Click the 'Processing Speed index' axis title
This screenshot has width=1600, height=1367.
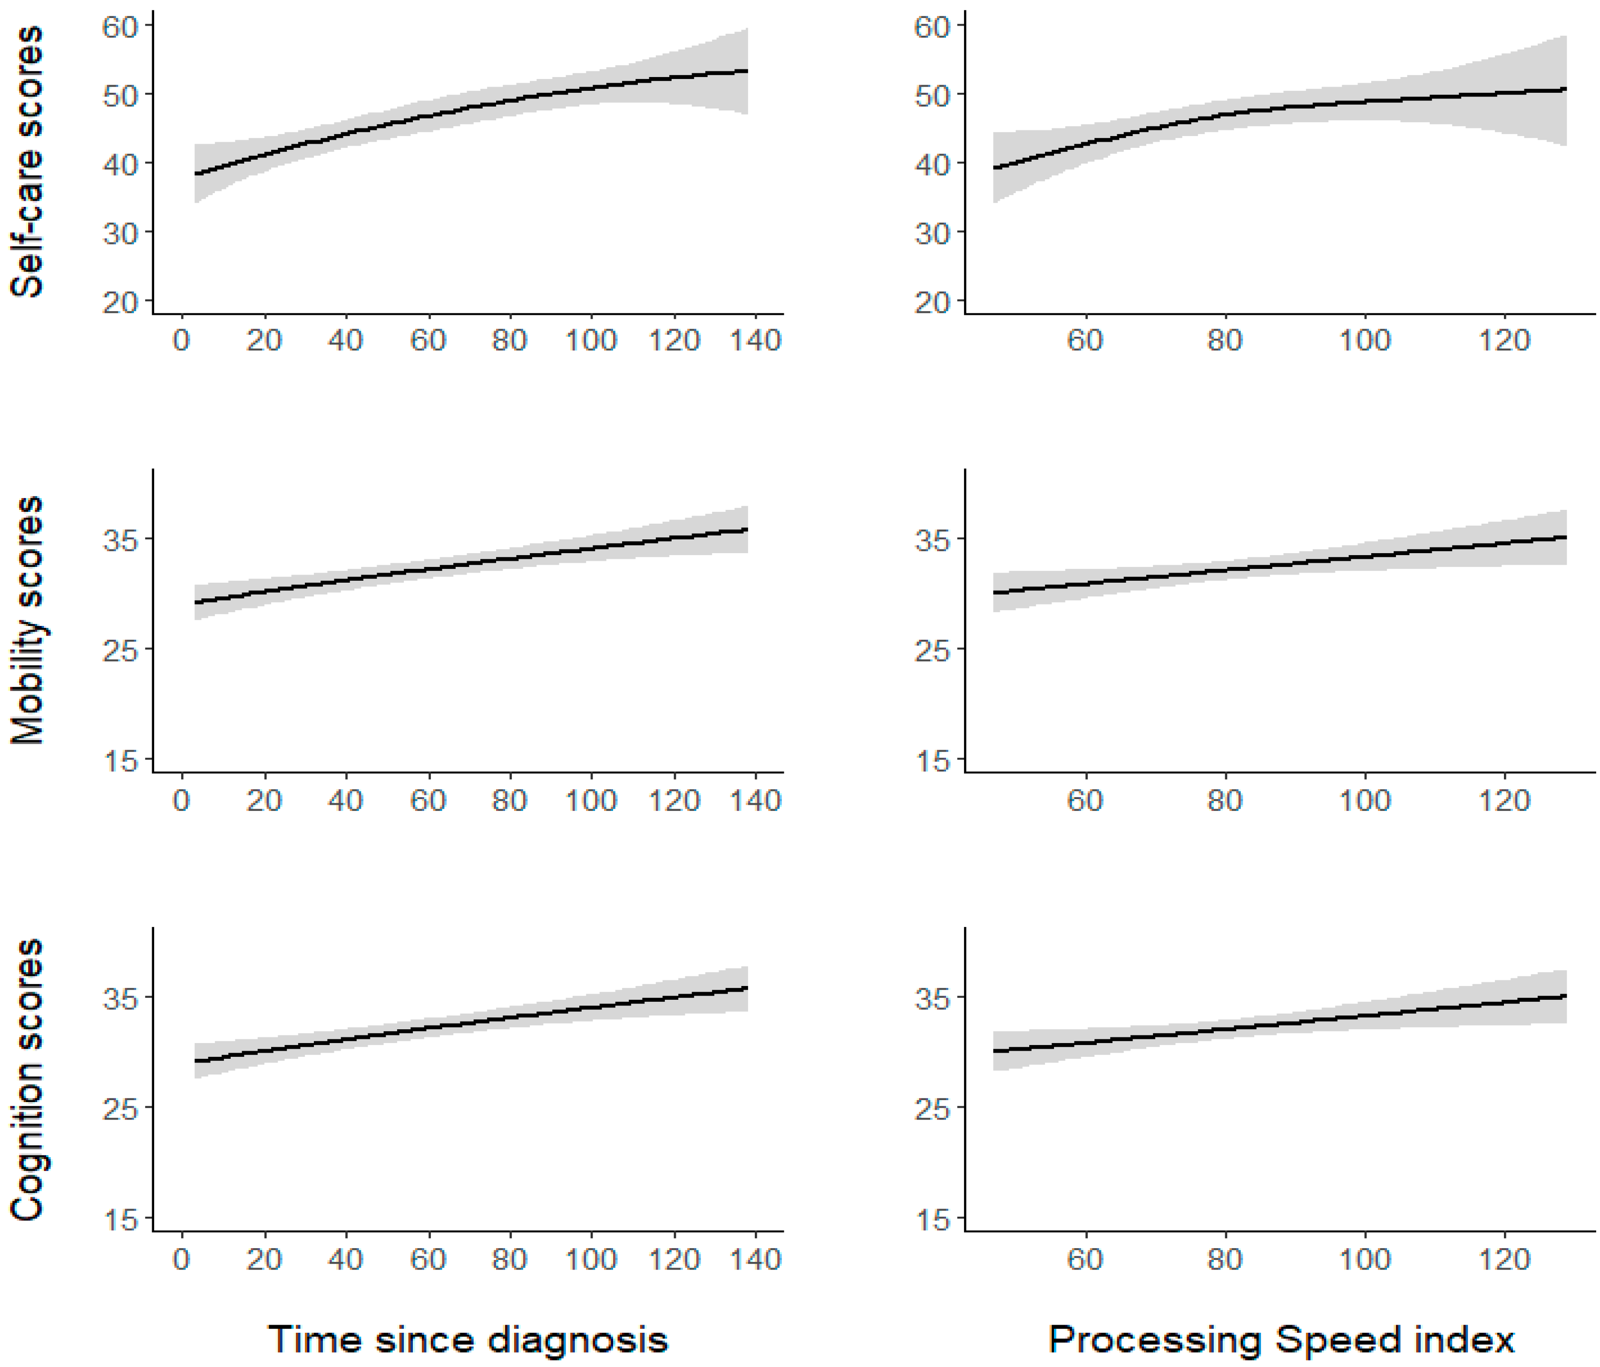[1281, 1339]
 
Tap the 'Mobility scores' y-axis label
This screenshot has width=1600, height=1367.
[28, 620]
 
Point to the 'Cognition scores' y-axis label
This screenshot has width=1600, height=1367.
[28, 1080]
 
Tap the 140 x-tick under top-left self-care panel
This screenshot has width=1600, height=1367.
[755, 340]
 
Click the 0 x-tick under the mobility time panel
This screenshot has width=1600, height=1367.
[182, 800]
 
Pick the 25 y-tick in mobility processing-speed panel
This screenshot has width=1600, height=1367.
[932, 650]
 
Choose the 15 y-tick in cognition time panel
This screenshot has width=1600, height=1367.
[120, 1220]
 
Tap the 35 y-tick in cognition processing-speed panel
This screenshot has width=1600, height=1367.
[932, 998]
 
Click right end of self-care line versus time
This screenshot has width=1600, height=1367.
[747, 71]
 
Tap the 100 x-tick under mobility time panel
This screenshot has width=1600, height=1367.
[591, 800]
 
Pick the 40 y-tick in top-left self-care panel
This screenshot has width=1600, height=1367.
[120, 164]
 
